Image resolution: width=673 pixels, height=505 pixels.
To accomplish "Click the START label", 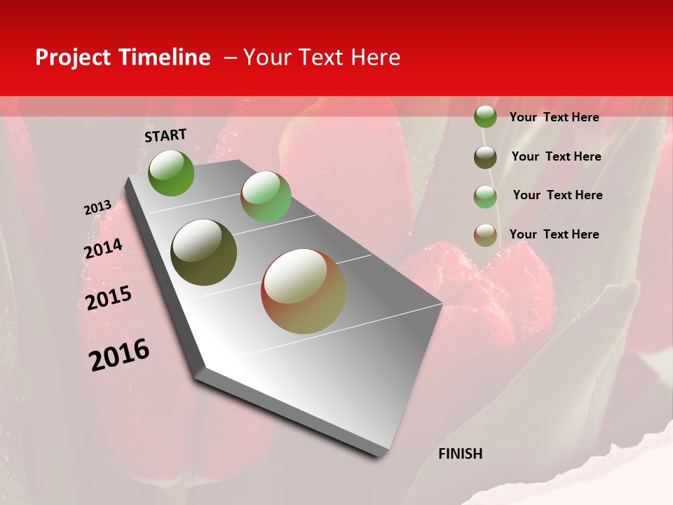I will (165, 135).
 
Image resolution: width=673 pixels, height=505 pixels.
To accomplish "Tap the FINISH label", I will (460, 454).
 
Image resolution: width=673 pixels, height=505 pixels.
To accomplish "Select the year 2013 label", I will (97, 208).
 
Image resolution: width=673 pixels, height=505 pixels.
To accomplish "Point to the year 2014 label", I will (103, 248).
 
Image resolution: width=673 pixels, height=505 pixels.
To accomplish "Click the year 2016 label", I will (119, 354).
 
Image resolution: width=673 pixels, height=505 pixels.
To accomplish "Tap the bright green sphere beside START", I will (171, 173).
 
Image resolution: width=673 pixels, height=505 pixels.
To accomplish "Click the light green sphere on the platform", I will (266, 196).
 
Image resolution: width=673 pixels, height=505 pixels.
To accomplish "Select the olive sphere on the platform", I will (204, 252).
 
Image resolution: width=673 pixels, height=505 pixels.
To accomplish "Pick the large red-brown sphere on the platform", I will (304, 291).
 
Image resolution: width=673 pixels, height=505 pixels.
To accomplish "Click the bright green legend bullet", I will (485, 117).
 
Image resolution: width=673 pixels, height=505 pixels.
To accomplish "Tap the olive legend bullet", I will (485, 156).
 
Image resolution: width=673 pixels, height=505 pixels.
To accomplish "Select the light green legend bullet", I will (485, 196).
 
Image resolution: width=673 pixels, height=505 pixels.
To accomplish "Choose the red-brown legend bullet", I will (485, 235).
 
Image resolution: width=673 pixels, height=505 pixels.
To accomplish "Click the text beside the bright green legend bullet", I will (554, 117).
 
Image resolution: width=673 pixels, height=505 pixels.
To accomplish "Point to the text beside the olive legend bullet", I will (556, 156).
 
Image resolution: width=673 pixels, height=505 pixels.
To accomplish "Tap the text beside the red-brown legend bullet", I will (554, 234).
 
